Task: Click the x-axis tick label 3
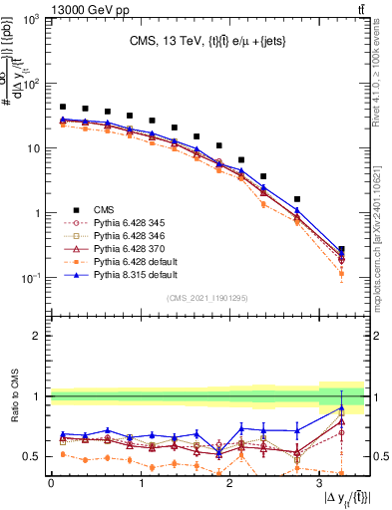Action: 319,483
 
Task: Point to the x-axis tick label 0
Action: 51,483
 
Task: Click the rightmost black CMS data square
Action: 342,250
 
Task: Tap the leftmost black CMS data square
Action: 63,107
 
